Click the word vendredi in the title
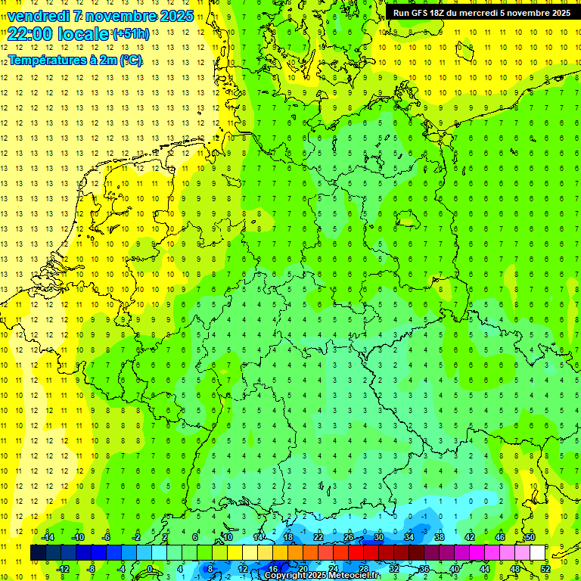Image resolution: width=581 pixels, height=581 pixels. click(x=39, y=16)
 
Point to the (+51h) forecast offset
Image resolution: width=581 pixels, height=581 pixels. click(x=131, y=33)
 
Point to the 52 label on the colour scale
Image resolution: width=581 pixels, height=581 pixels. click(x=545, y=568)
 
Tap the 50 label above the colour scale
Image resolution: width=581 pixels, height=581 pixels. click(x=530, y=537)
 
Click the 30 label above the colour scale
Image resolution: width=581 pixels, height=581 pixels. click(x=378, y=537)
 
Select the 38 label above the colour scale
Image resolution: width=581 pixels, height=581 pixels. click(x=439, y=537)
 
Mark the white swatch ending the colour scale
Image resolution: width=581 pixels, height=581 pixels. click(x=538, y=552)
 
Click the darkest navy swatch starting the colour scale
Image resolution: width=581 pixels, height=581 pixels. click(x=38, y=552)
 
